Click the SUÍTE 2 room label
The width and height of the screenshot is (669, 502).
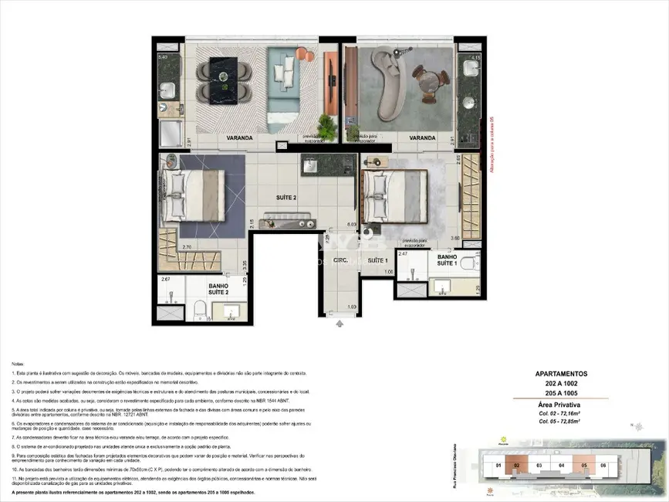point(286,198)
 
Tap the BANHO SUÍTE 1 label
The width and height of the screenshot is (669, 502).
point(447,259)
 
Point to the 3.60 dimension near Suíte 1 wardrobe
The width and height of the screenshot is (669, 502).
point(455,238)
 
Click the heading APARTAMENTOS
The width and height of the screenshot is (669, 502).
point(561,373)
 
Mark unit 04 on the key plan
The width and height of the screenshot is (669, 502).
point(563,466)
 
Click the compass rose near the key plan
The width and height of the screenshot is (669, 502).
point(637,426)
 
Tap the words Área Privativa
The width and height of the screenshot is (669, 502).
point(561,405)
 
